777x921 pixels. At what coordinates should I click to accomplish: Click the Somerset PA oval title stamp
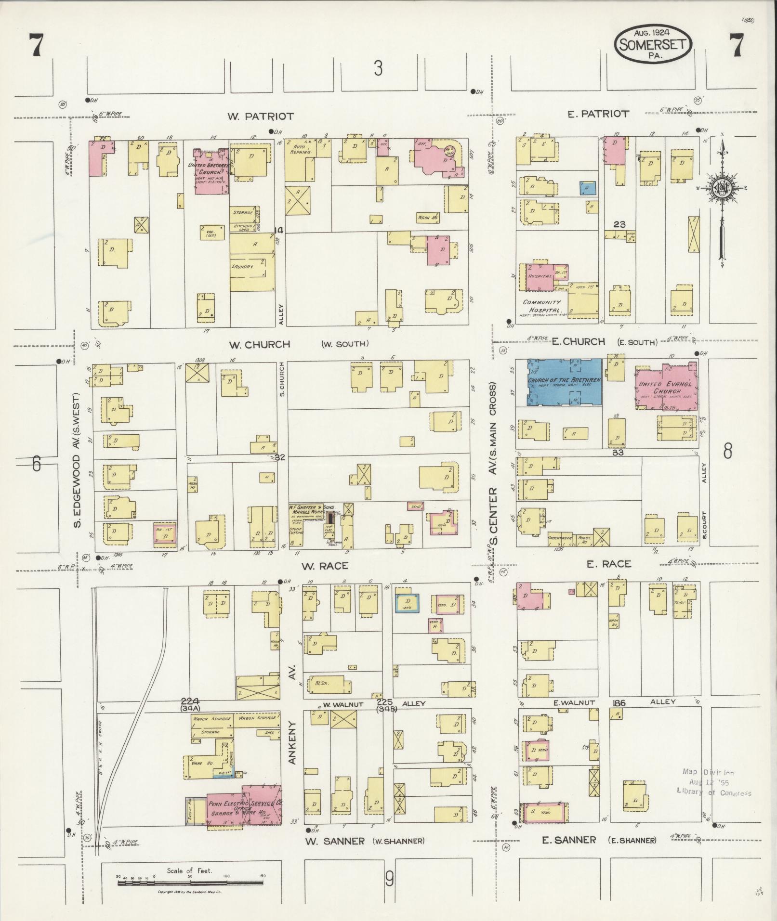[x=653, y=43]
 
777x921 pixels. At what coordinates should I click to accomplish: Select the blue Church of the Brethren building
[x=564, y=382]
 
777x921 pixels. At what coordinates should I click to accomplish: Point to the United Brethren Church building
[x=211, y=171]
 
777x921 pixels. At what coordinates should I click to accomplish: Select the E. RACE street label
[x=608, y=564]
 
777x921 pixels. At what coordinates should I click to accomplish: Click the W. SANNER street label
[x=335, y=841]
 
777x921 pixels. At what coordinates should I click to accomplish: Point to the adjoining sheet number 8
[x=727, y=451]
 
